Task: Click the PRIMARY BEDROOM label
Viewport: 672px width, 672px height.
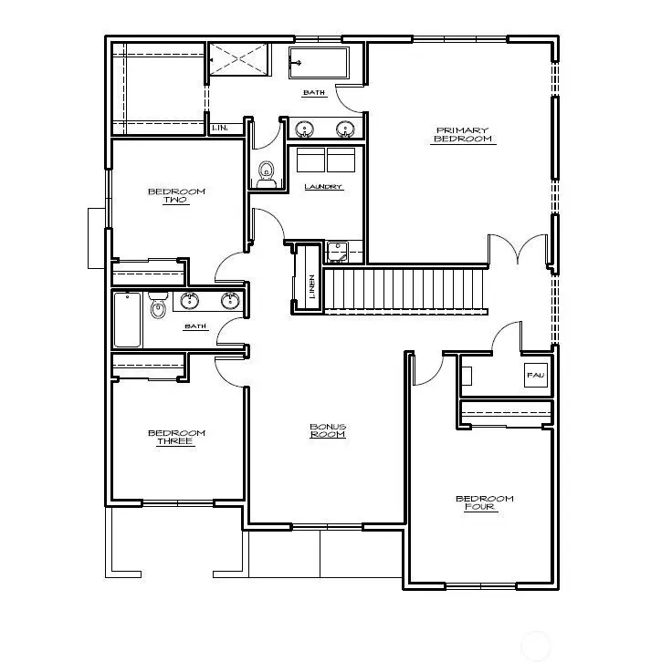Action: [463, 135]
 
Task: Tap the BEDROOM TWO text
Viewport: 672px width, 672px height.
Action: [176, 195]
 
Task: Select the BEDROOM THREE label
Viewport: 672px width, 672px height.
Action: [175, 437]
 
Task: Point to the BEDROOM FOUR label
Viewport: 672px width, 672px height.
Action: [484, 502]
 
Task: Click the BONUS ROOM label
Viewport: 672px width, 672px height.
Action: [327, 430]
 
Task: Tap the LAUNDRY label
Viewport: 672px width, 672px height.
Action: [323, 187]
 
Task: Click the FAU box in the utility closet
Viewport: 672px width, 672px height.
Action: [535, 374]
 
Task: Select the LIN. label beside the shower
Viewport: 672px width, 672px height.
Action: [220, 128]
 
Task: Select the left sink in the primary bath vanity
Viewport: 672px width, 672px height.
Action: [304, 129]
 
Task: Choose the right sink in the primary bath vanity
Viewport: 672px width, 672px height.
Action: [345, 129]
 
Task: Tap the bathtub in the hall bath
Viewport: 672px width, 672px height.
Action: [127, 319]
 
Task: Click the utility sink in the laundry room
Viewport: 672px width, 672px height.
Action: [335, 251]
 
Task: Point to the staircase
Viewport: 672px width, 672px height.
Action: [404, 288]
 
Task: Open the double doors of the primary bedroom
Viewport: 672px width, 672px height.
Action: [517, 249]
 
